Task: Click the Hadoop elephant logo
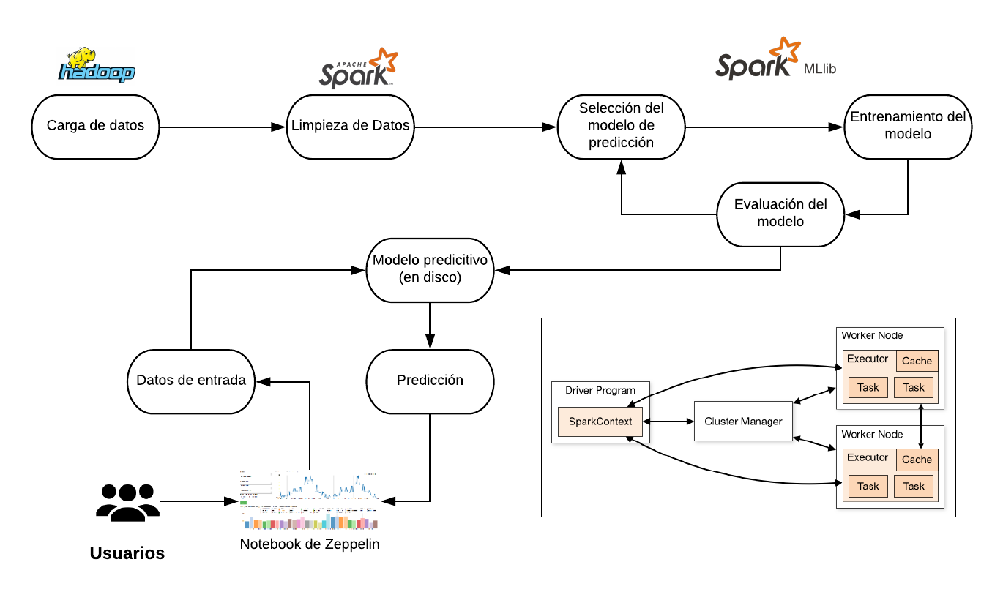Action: (x=97, y=65)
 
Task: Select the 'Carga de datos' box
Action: (x=95, y=126)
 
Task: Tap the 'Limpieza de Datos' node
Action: (x=350, y=126)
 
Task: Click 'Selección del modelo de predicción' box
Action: (x=621, y=126)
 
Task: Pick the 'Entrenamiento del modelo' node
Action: (x=908, y=126)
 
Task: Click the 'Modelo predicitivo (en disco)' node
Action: (x=430, y=269)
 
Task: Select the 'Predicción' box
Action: (x=430, y=381)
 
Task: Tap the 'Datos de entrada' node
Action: (x=190, y=381)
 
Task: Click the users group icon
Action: (x=127, y=502)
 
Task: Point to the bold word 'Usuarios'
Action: (x=127, y=553)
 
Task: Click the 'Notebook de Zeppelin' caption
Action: (x=310, y=544)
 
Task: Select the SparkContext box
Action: (x=600, y=422)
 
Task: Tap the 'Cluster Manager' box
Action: (x=742, y=422)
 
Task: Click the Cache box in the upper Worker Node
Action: (x=917, y=361)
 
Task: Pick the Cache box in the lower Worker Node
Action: (x=917, y=460)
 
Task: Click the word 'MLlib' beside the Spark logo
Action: (x=819, y=69)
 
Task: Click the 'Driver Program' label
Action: (x=600, y=390)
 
